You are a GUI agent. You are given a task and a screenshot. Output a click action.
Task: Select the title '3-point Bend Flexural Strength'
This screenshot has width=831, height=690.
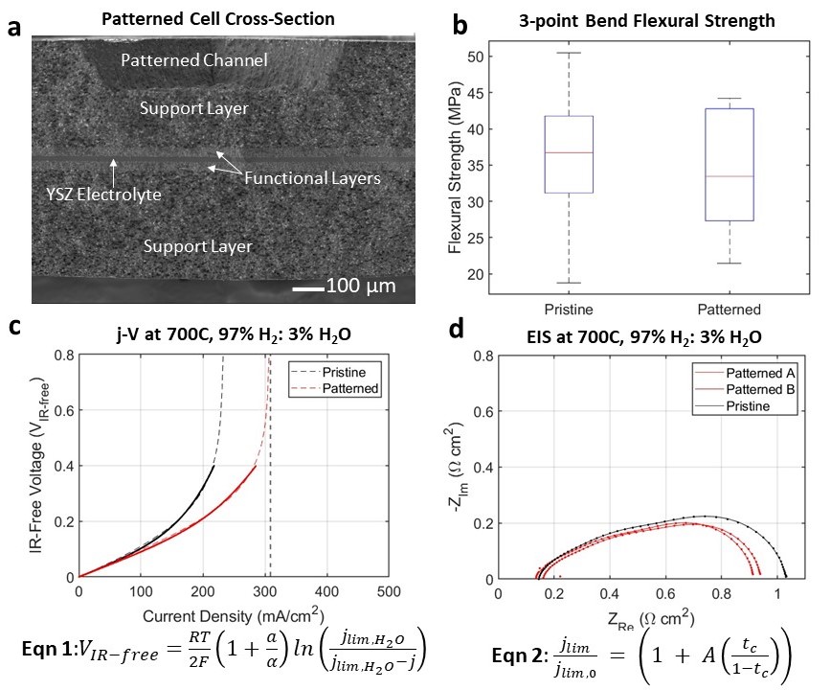point(633,19)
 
